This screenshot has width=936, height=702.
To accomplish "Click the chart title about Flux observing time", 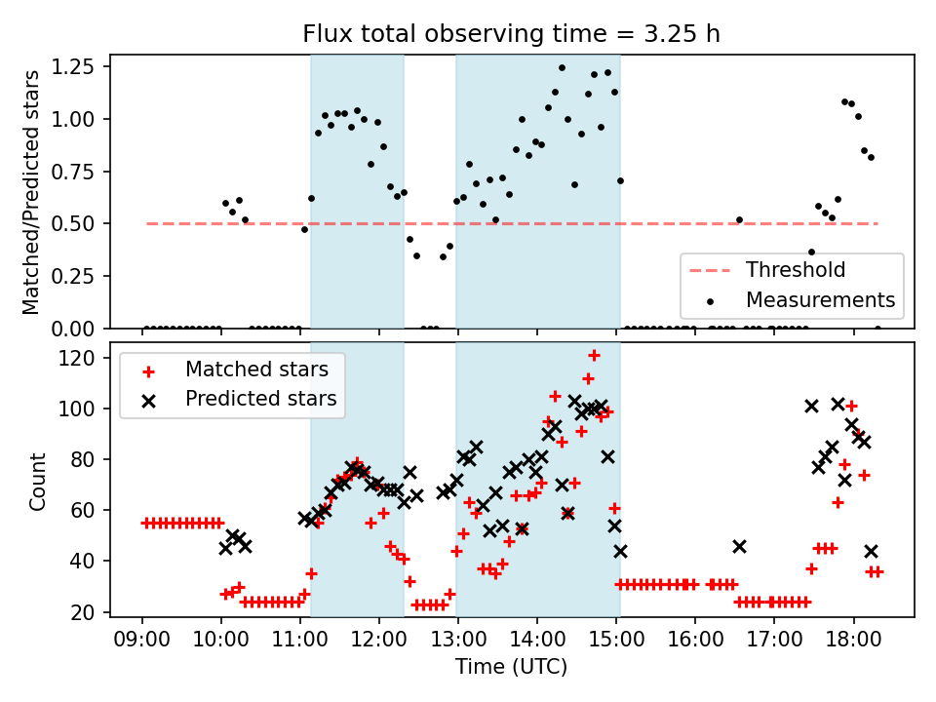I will pos(512,34).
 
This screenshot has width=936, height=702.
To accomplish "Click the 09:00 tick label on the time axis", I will pos(142,642).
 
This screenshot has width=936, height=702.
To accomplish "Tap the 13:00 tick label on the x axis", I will pos(458,642).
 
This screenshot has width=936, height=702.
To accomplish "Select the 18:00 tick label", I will pos(853,642).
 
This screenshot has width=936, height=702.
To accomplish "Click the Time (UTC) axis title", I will pos(512,668).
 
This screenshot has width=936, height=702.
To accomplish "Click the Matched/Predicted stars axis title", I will pos(31,192).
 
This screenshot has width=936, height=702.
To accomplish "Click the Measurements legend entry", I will pos(820,298).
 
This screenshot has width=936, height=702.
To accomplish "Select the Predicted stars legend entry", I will pos(260,398).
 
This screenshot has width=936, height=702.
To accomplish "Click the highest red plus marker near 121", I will pos(594,355).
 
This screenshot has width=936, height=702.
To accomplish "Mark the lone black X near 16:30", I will pos(739,546).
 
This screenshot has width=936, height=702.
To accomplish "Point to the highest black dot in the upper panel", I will pos(562,67).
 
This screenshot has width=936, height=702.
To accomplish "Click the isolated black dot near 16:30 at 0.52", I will pos(739,219).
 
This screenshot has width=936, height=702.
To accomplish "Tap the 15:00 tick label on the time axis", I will pos(616,642).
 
